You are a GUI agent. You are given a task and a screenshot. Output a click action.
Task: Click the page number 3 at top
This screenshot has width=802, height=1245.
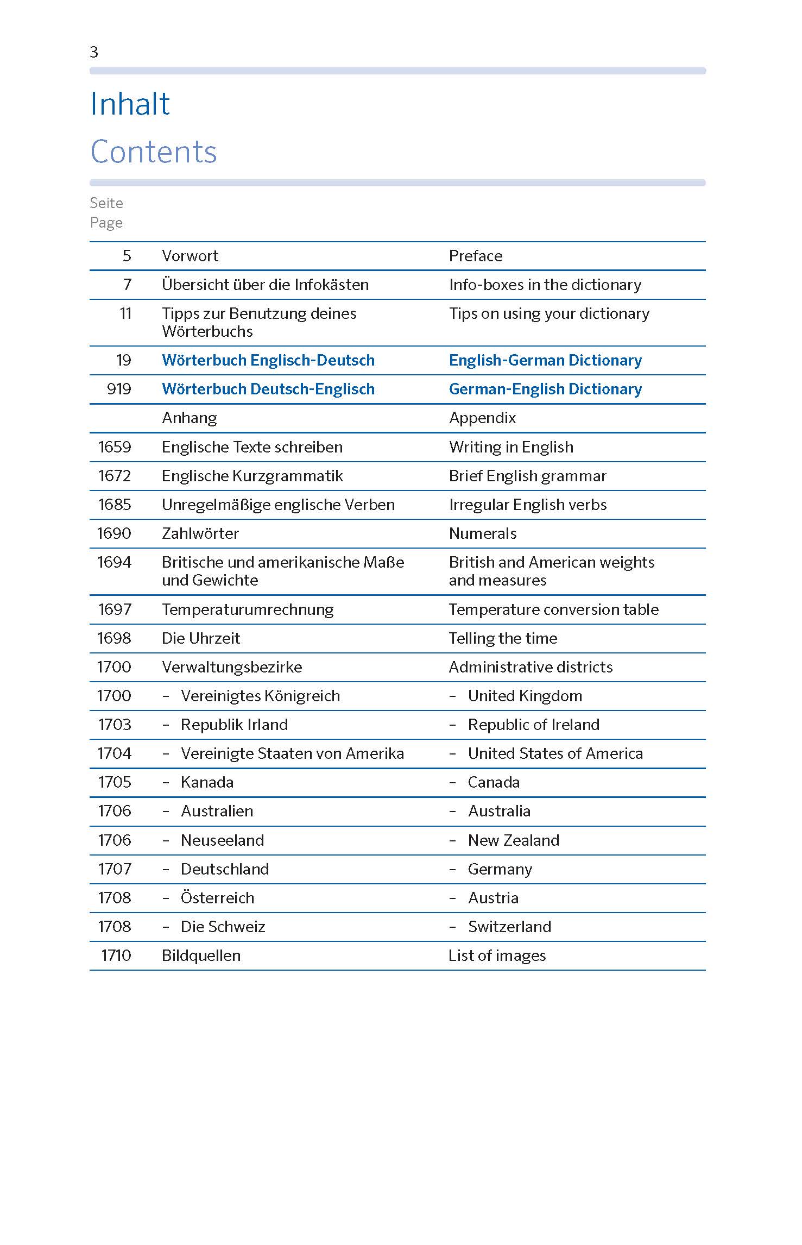(x=94, y=52)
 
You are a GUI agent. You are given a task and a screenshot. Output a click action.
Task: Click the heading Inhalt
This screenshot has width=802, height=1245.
(x=130, y=104)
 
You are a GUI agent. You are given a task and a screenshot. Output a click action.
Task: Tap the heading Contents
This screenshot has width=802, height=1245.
(x=153, y=152)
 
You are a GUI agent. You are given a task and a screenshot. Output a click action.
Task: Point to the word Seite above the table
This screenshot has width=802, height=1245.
(x=106, y=203)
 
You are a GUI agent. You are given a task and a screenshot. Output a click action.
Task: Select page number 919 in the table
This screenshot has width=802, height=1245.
(x=119, y=389)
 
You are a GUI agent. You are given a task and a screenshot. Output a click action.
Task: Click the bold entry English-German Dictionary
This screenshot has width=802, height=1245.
(x=545, y=360)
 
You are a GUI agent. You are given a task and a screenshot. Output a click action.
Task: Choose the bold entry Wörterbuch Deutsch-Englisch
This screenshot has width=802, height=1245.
(x=268, y=389)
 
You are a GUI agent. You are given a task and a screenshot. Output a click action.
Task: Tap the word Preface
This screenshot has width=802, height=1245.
(x=475, y=256)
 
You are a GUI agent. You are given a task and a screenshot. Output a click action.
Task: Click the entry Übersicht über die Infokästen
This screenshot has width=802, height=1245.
(x=265, y=285)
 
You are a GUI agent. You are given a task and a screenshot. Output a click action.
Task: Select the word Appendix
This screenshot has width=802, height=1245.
(x=482, y=418)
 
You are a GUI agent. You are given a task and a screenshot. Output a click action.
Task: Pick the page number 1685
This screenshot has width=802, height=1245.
(x=115, y=505)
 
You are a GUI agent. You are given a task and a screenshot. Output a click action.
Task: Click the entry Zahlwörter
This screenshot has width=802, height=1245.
(x=200, y=533)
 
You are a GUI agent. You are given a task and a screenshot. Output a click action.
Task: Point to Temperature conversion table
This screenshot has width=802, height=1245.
(x=553, y=609)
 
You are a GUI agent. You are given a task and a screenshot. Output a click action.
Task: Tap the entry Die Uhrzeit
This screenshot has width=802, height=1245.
(x=200, y=638)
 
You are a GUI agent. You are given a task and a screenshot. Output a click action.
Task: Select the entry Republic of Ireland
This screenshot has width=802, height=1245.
(x=533, y=725)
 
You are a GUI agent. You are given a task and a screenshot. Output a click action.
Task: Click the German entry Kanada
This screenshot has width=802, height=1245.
(x=207, y=782)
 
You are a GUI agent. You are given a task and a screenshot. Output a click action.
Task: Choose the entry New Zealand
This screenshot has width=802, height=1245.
(x=513, y=840)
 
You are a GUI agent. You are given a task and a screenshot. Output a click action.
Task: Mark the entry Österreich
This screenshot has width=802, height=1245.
(x=217, y=898)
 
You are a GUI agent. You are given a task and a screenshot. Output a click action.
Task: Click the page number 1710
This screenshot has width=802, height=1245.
(x=116, y=955)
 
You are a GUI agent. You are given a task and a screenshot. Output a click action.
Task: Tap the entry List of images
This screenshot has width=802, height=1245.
(x=497, y=955)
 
